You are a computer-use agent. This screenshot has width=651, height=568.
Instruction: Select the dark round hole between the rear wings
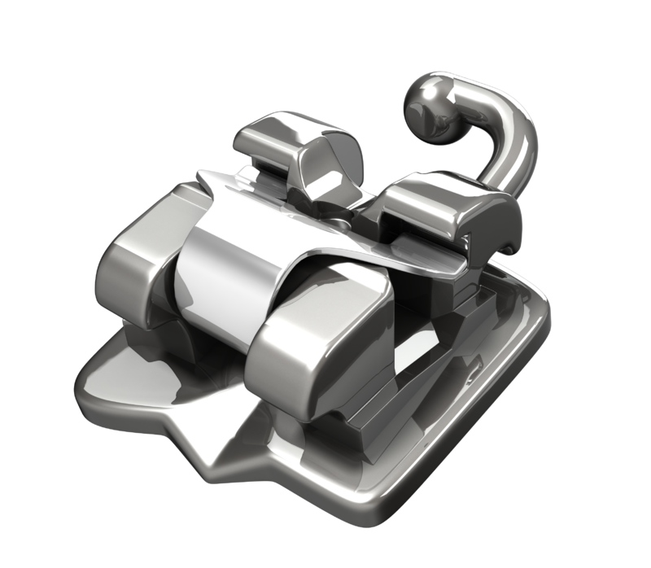pyautogui.click(x=335, y=218)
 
